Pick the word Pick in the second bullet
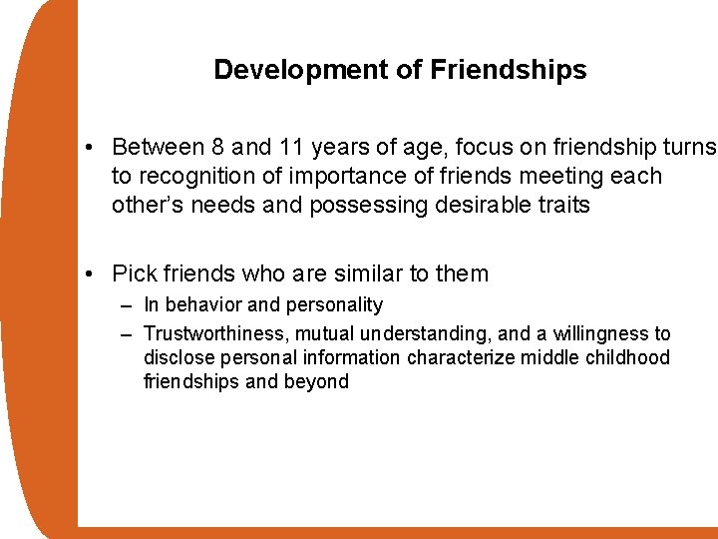pos(133,273)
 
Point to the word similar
pos(366,273)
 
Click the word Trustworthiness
pos(214,333)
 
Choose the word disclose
pos(179,357)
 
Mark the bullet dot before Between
pos(90,149)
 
